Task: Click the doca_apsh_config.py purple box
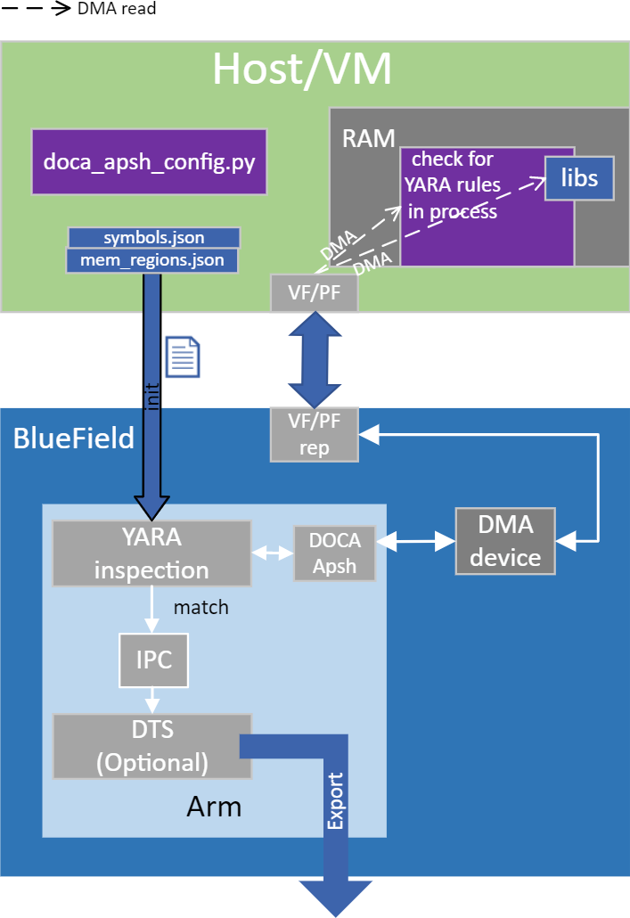tap(149, 162)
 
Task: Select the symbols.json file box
tap(154, 237)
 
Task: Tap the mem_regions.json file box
tap(154, 261)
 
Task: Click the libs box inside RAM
tap(579, 178)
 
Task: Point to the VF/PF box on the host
tap(315, 293)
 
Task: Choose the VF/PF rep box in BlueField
tap(315, 435)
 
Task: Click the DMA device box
tap(505, 542)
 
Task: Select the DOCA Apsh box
tap(334, 553)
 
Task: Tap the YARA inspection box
tap(151, 553)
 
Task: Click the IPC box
tap(154, 660)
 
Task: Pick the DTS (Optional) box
tap(151, 746)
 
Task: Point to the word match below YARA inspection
tap(200, 608)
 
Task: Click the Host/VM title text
tap(302, 70)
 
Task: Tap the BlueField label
tap(73, 438)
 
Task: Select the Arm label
tap(214, 807)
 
